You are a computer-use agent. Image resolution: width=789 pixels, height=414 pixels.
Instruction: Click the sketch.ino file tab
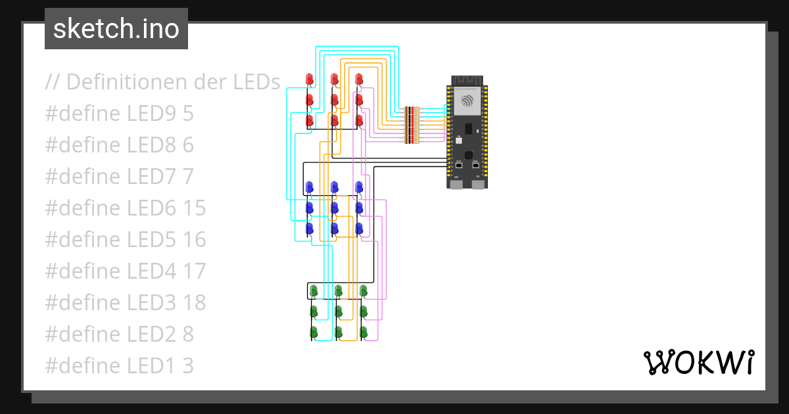pos(116,29)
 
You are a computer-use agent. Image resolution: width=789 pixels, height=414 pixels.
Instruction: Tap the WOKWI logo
pos(698,362)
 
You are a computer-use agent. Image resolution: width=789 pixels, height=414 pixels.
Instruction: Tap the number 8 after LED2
pos(187,334)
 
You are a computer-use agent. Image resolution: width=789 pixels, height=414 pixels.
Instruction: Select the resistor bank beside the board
pos(412,125)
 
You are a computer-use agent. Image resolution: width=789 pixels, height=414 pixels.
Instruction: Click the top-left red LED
pos(310,79)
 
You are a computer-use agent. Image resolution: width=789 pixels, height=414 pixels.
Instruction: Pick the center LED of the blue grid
pos(334,208)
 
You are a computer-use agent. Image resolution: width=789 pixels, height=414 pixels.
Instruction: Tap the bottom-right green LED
pos(364,331)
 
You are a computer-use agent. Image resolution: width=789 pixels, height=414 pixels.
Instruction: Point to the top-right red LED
pos(359,79)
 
